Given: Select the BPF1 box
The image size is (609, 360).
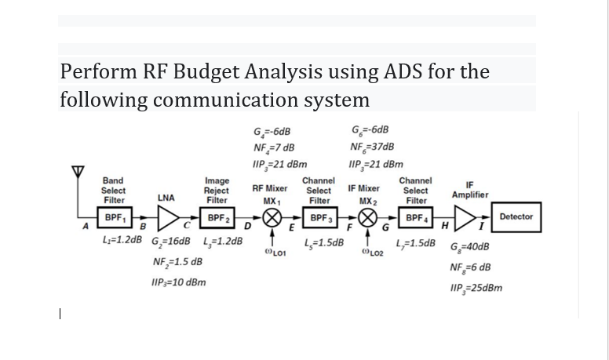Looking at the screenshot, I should [114, 216].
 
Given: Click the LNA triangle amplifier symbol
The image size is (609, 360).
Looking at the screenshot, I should [166, 217].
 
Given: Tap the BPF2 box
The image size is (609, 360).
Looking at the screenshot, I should [217, 217].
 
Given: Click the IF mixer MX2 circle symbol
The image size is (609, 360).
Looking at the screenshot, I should [366, 217].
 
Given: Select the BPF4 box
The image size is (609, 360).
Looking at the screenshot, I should [416, 217].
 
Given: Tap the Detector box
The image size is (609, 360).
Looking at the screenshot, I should [516, 216].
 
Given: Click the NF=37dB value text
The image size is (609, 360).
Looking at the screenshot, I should [372, 147].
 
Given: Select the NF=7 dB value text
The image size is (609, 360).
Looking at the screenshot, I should [274, 147].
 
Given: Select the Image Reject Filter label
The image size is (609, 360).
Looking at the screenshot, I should [217, 190].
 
